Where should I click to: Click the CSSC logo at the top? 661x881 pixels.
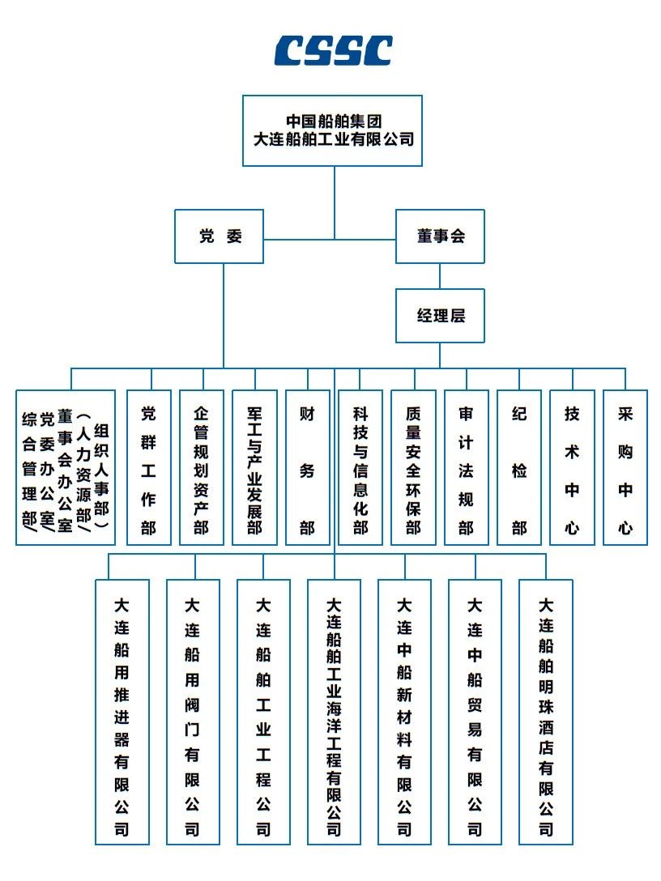click(333, 50)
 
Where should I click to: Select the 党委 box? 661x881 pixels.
click(220, 236)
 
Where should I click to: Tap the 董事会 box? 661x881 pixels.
click(440, 236)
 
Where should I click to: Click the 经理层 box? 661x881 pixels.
click(440, 315)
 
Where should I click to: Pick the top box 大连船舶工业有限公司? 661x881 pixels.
click(333, 130)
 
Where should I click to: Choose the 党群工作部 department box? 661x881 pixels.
click(149, 468)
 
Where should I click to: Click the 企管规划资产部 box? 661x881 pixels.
click(202, 468)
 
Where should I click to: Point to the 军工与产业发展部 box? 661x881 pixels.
click(254, 468)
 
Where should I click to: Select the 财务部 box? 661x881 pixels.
click(308, 468)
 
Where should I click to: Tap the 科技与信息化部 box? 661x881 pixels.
click(360, 468)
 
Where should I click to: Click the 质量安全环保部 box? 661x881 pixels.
click(414, 468)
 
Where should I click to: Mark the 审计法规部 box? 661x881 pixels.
click(467, 468)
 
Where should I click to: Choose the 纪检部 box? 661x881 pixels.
click(519, 468)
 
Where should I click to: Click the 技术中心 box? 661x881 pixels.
click(573, 468)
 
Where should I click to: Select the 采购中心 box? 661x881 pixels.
click(625, 468)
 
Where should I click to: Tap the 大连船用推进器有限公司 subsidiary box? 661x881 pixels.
click(122, 712)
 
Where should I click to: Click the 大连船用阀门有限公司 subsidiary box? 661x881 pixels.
click(193, 712)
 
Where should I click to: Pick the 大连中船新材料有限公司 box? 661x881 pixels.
click(405, 712)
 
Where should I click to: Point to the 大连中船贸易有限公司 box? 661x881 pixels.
click(475, 712)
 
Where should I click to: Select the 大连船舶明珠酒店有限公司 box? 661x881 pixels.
click(546, 712)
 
